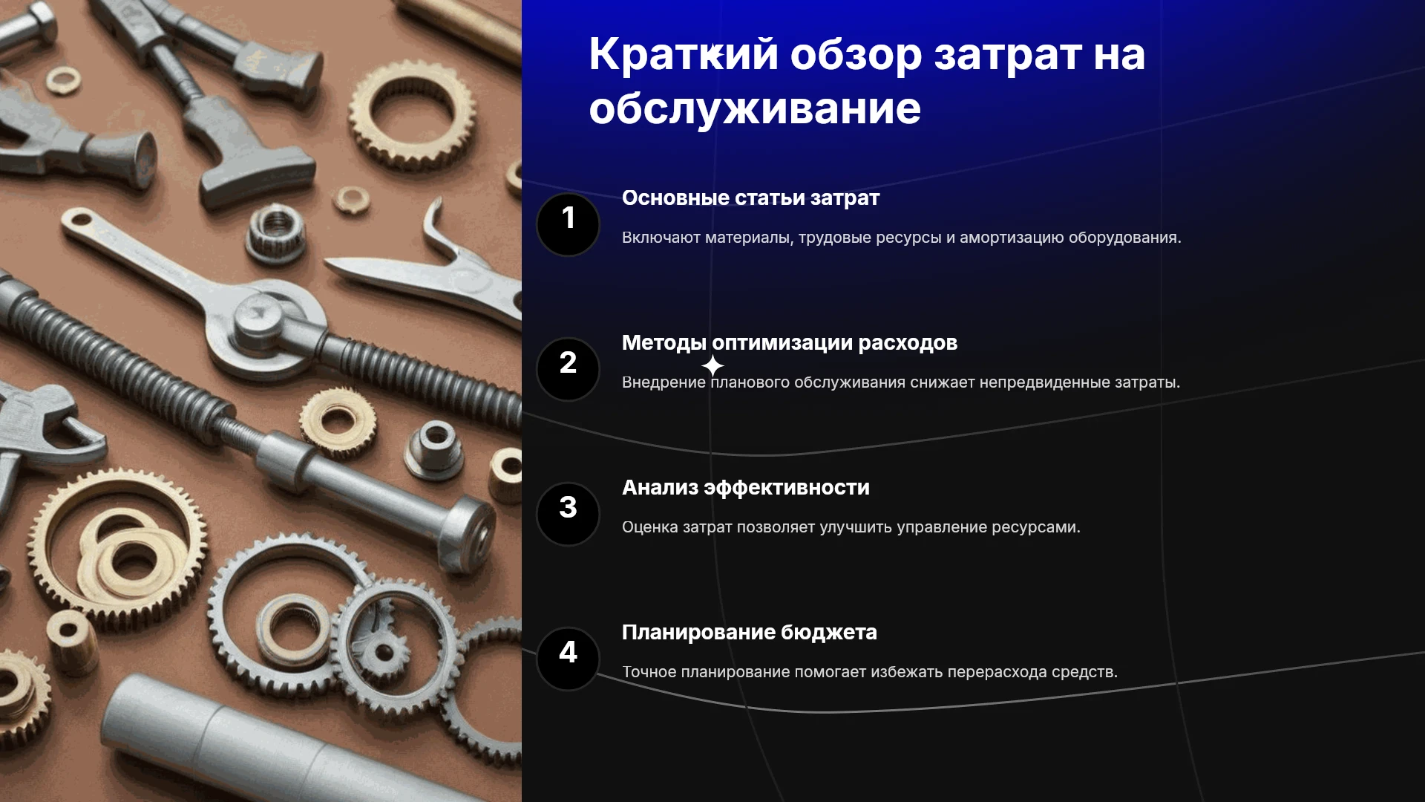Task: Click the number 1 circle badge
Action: coord(568,224)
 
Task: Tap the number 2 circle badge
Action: coord(568,369)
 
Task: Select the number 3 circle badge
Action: coord(568,514)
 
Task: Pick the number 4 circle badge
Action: coord(568,659)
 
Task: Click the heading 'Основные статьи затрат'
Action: coord(750,198)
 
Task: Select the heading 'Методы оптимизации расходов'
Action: coord(790,343)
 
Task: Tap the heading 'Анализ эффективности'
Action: coord(746,488)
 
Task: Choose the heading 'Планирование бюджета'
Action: coord(750,633)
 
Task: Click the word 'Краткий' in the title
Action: coord(684,54)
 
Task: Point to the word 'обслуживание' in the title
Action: coord(755,109)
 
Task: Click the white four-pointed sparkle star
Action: coord(712,366)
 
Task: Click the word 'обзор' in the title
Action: coord(856,54)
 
